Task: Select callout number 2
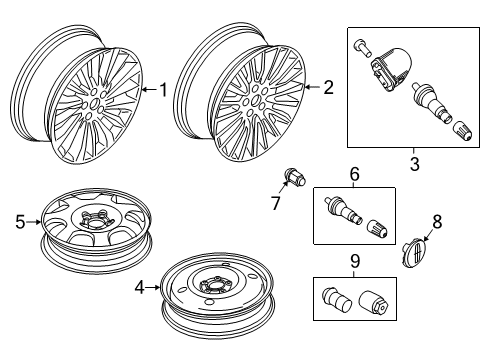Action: [x=328, y=88]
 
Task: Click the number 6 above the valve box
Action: [x=353, y=173]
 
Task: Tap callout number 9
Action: [x=354, y=265]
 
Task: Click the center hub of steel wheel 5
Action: [x=101, y=215]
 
